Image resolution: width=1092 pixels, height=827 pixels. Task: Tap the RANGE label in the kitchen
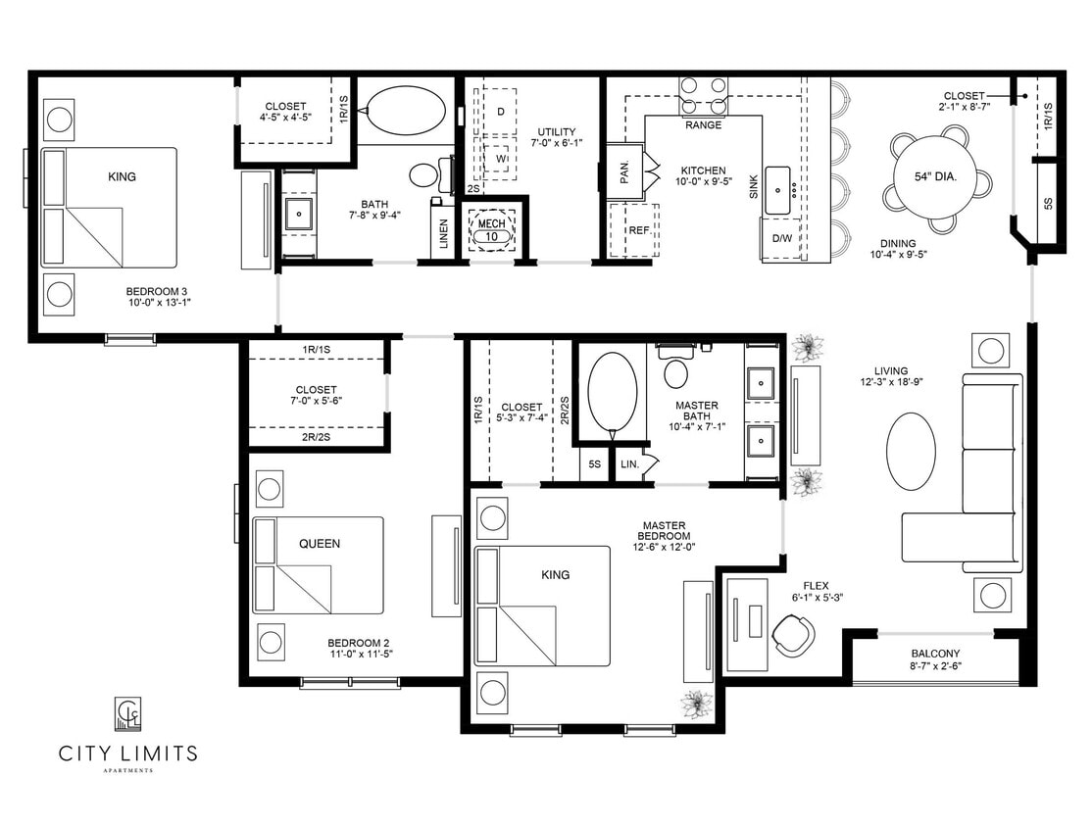[704, 125]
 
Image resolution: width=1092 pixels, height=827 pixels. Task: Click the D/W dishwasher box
[781, 238]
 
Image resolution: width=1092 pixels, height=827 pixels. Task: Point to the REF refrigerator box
[639, 230]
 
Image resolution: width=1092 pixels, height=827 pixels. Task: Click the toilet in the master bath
[676, 371]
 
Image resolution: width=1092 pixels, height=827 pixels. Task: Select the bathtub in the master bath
[612, 392]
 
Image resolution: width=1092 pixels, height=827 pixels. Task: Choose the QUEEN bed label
[320, 544]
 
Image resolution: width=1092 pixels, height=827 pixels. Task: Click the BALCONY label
[935, 654]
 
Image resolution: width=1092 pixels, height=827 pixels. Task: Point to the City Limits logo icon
[128, 713]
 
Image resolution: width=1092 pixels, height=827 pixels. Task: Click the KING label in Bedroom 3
[123, 177]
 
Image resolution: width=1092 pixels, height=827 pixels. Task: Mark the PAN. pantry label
[624, 172]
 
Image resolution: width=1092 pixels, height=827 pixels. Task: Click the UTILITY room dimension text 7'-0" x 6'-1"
[557, 145]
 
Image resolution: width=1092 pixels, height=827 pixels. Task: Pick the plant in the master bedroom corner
[697, 704]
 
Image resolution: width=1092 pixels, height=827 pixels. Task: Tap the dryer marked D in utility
[500, 112]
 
